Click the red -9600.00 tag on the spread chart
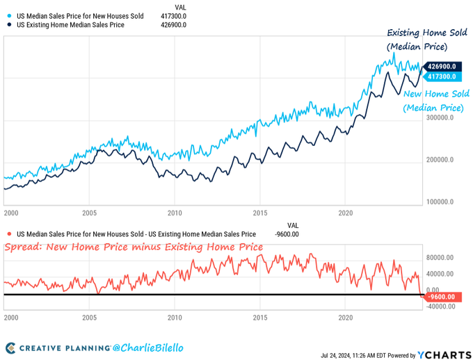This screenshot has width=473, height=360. pyautogui.click(x=440, y=297)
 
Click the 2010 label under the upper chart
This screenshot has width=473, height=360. pyautogui.click(x=174, y=213)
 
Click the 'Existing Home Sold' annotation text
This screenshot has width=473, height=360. pyautogui.click(x=417, y=33)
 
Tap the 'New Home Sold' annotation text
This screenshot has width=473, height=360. pyautogui.click(x=436, y=94)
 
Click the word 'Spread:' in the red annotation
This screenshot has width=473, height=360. pyautogui.click(x=23, y=247)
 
